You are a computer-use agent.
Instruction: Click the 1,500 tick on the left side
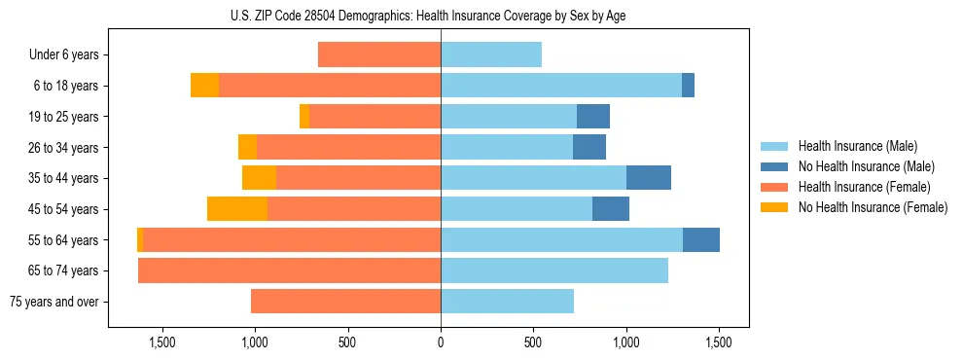161,342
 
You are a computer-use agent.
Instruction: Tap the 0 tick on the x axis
441,342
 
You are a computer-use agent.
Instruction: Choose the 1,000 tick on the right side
625,342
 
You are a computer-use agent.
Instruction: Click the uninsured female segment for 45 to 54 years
237,209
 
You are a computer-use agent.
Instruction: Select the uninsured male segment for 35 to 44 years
649,178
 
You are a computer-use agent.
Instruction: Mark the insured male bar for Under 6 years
491,55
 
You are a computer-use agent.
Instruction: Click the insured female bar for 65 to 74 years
289,270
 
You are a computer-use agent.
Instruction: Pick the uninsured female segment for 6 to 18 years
204,86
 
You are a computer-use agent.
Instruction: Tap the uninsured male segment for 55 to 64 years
701,239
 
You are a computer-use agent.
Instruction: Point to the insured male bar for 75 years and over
507,302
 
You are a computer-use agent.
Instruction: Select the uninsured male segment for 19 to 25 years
593,117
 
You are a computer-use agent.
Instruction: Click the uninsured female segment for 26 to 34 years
247,147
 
